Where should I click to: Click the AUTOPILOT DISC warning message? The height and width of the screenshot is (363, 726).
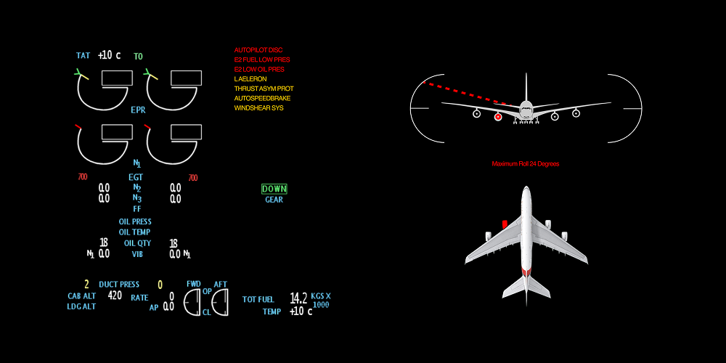click(x=258, y=50)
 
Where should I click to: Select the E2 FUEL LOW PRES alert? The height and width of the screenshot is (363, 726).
click(x=262, y=60)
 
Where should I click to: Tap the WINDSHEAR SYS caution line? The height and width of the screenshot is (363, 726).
click(x=259, y=108)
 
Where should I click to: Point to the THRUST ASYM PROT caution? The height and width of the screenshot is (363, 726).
click(x=264, y=89)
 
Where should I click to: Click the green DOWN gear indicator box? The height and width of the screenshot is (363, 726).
click(x=274, y=189)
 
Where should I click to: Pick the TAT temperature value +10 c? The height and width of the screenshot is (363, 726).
click(x=110, y=56)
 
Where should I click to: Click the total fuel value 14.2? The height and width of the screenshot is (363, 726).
click(x=298, y=298)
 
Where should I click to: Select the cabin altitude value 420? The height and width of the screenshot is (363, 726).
click(x=115, y=295)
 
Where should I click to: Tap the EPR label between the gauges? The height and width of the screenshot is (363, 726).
click(x=139, y=110)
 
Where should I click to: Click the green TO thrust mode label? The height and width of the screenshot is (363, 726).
click(x=139, y=57)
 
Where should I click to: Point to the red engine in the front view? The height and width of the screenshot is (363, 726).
click(x=498, y=117)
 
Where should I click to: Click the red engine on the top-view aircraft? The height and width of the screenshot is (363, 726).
click(x=505, y=224)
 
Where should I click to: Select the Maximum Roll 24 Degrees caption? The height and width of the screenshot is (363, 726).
click(x=526, y=164)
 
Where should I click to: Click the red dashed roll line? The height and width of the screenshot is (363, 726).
click(x=470, y=94)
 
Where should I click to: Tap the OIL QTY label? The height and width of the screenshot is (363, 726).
click(x=137, y=243)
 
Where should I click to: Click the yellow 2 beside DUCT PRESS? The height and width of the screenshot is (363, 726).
click(x=86, y=285)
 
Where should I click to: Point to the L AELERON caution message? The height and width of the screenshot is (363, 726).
click(x=250, y=79)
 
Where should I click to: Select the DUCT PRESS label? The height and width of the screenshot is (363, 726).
click(x=119, y=285)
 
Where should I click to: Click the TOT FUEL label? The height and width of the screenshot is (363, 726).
click(x=258, y=300)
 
